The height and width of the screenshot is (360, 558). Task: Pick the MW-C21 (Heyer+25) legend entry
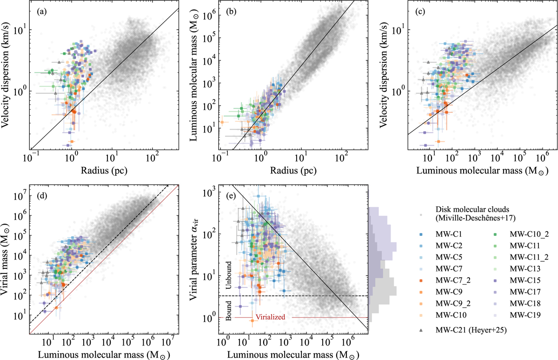(x=466, y=334)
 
